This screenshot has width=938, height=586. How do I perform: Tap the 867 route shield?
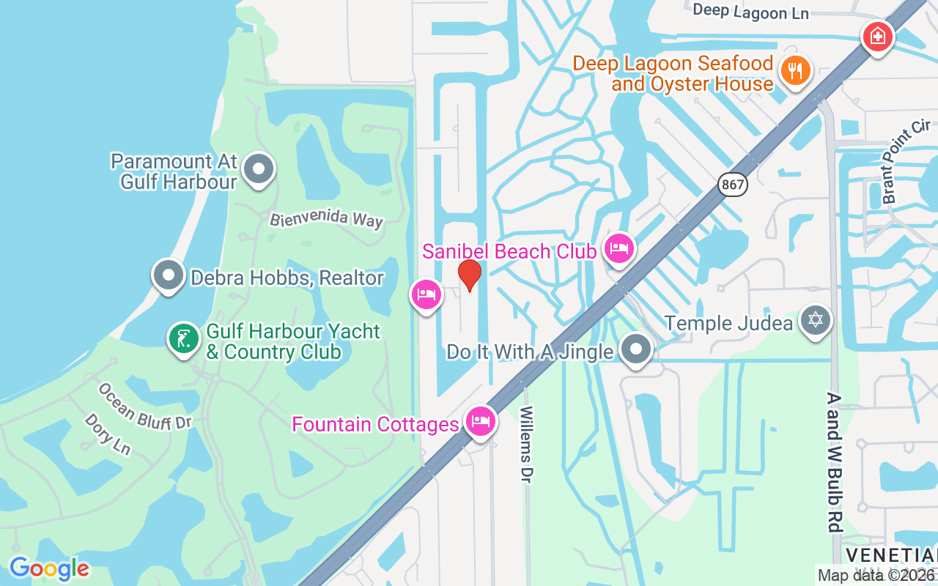[732, 184]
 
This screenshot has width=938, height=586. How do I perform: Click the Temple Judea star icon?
[815, 321]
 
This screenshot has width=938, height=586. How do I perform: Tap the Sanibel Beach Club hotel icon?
[619, 249]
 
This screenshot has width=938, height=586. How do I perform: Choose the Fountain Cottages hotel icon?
[480, 422]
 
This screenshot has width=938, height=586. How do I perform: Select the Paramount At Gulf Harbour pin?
[258, 169]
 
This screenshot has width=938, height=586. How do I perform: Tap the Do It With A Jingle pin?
[636, 349]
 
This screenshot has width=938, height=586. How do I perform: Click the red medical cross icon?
[877, 35]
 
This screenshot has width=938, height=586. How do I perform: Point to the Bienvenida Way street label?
[326, 219]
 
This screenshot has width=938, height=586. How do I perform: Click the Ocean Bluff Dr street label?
[144, 407]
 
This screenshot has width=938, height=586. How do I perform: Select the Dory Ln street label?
[107, 434]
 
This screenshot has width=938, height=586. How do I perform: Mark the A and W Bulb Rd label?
[834, 461]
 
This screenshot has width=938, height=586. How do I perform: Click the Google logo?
[49, 568]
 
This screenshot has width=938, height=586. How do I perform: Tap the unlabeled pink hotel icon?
[426, 295]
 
